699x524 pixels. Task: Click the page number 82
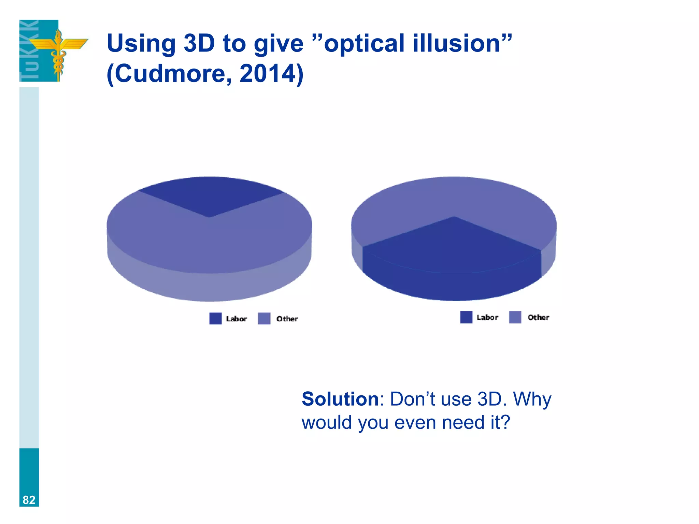pos(29,500)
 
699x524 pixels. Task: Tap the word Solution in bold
pos(340,399)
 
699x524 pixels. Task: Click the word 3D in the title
pos(199,43)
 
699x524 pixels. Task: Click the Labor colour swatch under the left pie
pos(215,318)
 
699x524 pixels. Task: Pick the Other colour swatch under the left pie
pos(264,318)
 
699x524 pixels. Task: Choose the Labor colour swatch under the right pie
pos(466,317)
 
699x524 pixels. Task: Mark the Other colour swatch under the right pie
pos(515,317)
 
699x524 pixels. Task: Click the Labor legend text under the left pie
pos(237,319)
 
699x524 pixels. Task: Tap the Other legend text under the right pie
pos(538,317)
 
